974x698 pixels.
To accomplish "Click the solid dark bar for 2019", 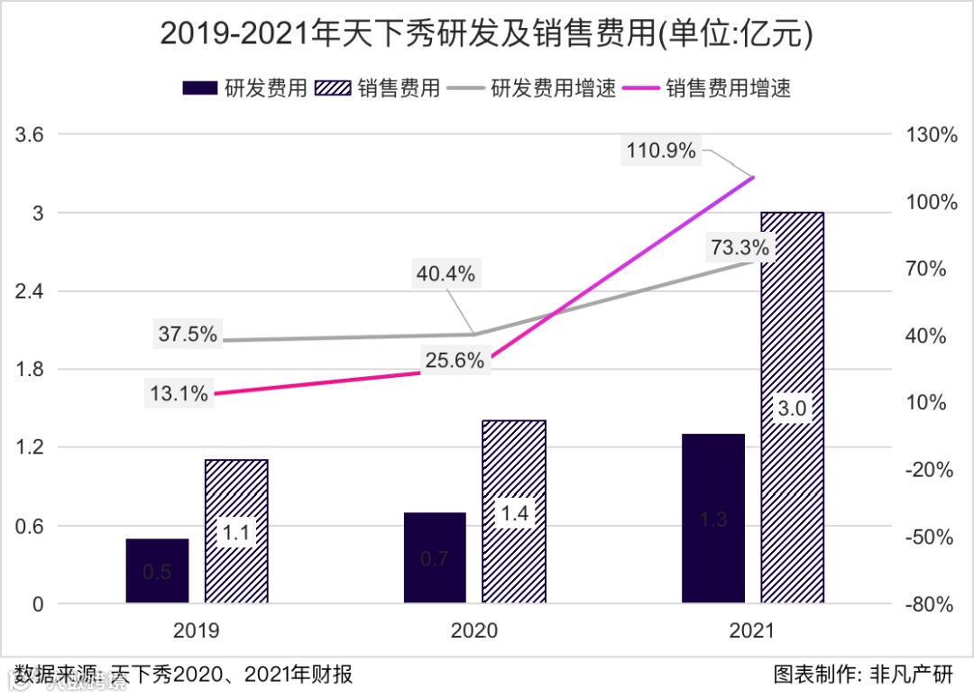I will coord(157,571).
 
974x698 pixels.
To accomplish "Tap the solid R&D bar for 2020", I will coord(435,557).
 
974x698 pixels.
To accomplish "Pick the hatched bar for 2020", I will coord(514,511).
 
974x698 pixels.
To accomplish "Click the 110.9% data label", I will coord(662,152).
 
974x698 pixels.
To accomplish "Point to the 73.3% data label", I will coord(740,247).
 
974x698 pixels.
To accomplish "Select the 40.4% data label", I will coord(445,273).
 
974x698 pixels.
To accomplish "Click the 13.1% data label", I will coord(179,393).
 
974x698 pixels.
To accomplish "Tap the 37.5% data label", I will coord(188,335).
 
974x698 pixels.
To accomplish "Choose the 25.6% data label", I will coord(455,361).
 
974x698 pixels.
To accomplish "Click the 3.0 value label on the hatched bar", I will coord(792,409).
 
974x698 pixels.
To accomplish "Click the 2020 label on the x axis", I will coord(473,630).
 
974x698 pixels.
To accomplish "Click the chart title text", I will coord(487,34).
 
